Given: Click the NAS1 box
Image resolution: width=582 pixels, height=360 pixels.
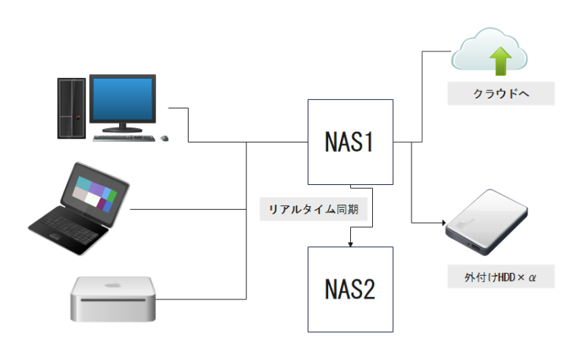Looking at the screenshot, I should point(350,142).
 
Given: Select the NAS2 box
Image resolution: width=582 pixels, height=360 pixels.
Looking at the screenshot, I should point(350,289).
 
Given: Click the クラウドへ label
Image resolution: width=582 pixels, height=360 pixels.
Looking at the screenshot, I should point(501,93).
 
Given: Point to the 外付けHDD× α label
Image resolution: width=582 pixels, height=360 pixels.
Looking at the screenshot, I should point(500,277).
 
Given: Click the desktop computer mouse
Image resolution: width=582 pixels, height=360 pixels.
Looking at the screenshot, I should point(164,139).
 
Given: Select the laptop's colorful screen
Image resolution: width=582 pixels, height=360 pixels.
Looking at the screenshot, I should point(94,189).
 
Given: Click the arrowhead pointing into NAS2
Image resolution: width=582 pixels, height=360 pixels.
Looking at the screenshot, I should point(350,244).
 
